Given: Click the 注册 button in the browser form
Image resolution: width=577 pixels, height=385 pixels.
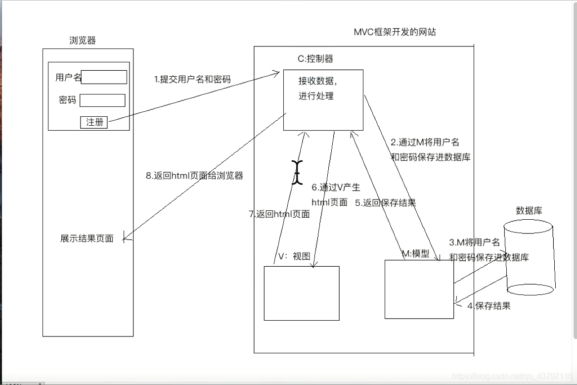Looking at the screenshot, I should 94,122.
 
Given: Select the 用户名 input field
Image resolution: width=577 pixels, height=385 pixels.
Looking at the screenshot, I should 104,77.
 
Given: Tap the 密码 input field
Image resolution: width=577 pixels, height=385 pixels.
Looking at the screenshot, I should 102,100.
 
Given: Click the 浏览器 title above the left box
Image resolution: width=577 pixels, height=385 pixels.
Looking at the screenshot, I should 83,41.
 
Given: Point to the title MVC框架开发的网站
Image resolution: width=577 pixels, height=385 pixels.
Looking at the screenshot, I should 395,32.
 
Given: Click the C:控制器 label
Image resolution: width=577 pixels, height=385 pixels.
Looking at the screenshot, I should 315,59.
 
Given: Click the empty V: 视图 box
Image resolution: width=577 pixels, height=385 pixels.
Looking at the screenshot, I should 301,293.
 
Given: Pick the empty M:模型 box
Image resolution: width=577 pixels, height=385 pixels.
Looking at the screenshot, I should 419,289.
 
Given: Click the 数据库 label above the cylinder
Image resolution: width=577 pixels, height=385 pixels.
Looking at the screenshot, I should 529,210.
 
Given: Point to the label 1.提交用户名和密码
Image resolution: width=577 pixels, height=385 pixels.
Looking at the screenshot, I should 192,79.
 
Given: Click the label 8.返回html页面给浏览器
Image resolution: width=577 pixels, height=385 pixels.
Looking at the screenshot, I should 194,176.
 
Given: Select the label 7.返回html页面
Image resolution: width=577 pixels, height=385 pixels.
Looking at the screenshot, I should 279,214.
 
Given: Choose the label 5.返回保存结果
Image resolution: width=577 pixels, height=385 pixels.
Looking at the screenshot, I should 385,202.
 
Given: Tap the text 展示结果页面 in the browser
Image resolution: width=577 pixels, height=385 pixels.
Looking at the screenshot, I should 87,239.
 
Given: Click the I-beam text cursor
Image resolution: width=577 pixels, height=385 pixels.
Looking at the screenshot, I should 297,173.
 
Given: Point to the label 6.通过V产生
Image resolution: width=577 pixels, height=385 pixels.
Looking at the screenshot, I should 336,188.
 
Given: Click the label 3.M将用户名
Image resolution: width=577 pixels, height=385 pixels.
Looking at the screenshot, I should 474,242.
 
